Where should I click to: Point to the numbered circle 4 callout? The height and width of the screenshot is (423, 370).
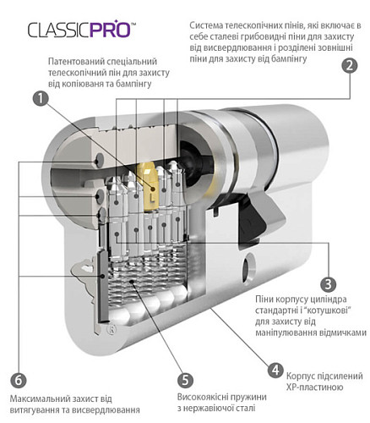[x=275, y=370]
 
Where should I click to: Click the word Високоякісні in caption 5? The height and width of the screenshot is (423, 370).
[x=204, y=396]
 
